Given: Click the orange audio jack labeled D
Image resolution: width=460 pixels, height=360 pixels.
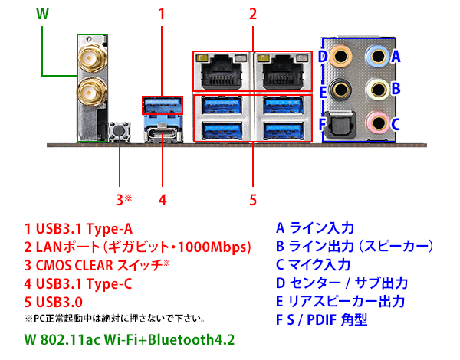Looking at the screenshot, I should coord(344,56).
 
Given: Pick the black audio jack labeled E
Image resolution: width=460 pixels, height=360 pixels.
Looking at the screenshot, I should coord(344,89).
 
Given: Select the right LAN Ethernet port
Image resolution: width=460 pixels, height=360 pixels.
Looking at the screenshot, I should coord(283,74).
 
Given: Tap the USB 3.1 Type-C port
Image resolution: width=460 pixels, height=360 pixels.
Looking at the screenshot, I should coord(163,131).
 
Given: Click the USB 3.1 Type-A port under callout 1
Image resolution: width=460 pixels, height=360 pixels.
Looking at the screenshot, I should coord(163,103).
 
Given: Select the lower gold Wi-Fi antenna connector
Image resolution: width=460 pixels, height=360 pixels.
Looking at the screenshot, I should coord(90,93).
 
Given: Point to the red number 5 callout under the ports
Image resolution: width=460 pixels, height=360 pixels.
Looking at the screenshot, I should coord(251,200).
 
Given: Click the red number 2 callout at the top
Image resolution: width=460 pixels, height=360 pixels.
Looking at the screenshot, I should coord(252,14).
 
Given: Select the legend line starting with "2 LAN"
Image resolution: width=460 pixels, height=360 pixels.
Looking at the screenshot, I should coord(138,247).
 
